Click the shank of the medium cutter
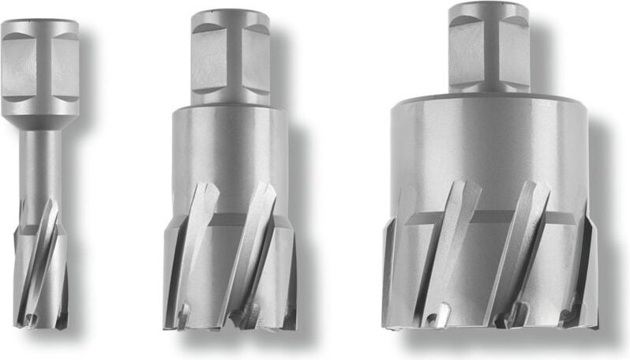[229, 59]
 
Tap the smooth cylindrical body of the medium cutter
[229, 150]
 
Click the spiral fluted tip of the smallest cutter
[40, 268]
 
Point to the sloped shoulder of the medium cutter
[229, 107]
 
